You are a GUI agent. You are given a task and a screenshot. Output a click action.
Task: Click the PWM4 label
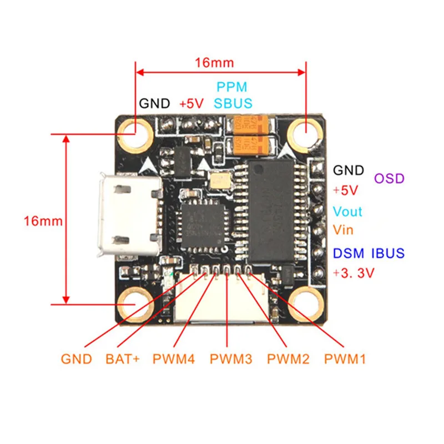tap(174, 359)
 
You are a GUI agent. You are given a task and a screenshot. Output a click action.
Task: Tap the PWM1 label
tap(345, 359)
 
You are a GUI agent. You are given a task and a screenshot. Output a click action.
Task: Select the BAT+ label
tap(123, 359)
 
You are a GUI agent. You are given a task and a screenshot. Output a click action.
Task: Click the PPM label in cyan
tap(231, 87)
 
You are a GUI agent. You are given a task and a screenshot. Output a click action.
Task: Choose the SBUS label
tap(233, 103)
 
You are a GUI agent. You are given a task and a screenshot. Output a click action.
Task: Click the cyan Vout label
tap(347, 211)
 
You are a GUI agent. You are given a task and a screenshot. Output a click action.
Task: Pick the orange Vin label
tap(344, 229)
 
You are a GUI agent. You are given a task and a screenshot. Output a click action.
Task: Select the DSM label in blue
tap(349, 254)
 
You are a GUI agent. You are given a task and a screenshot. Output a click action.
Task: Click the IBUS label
tap(387, 254)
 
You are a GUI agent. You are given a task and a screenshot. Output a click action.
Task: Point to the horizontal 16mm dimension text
tap(214, 63)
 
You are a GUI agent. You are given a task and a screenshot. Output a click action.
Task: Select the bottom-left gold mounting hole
tap(135, 306)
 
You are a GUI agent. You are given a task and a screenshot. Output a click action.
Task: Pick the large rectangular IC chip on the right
tap(270, 211)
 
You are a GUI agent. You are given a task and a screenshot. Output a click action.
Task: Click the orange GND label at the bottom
tap(76, 359)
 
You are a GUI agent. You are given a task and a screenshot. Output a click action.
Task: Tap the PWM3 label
tap(231, 359)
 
